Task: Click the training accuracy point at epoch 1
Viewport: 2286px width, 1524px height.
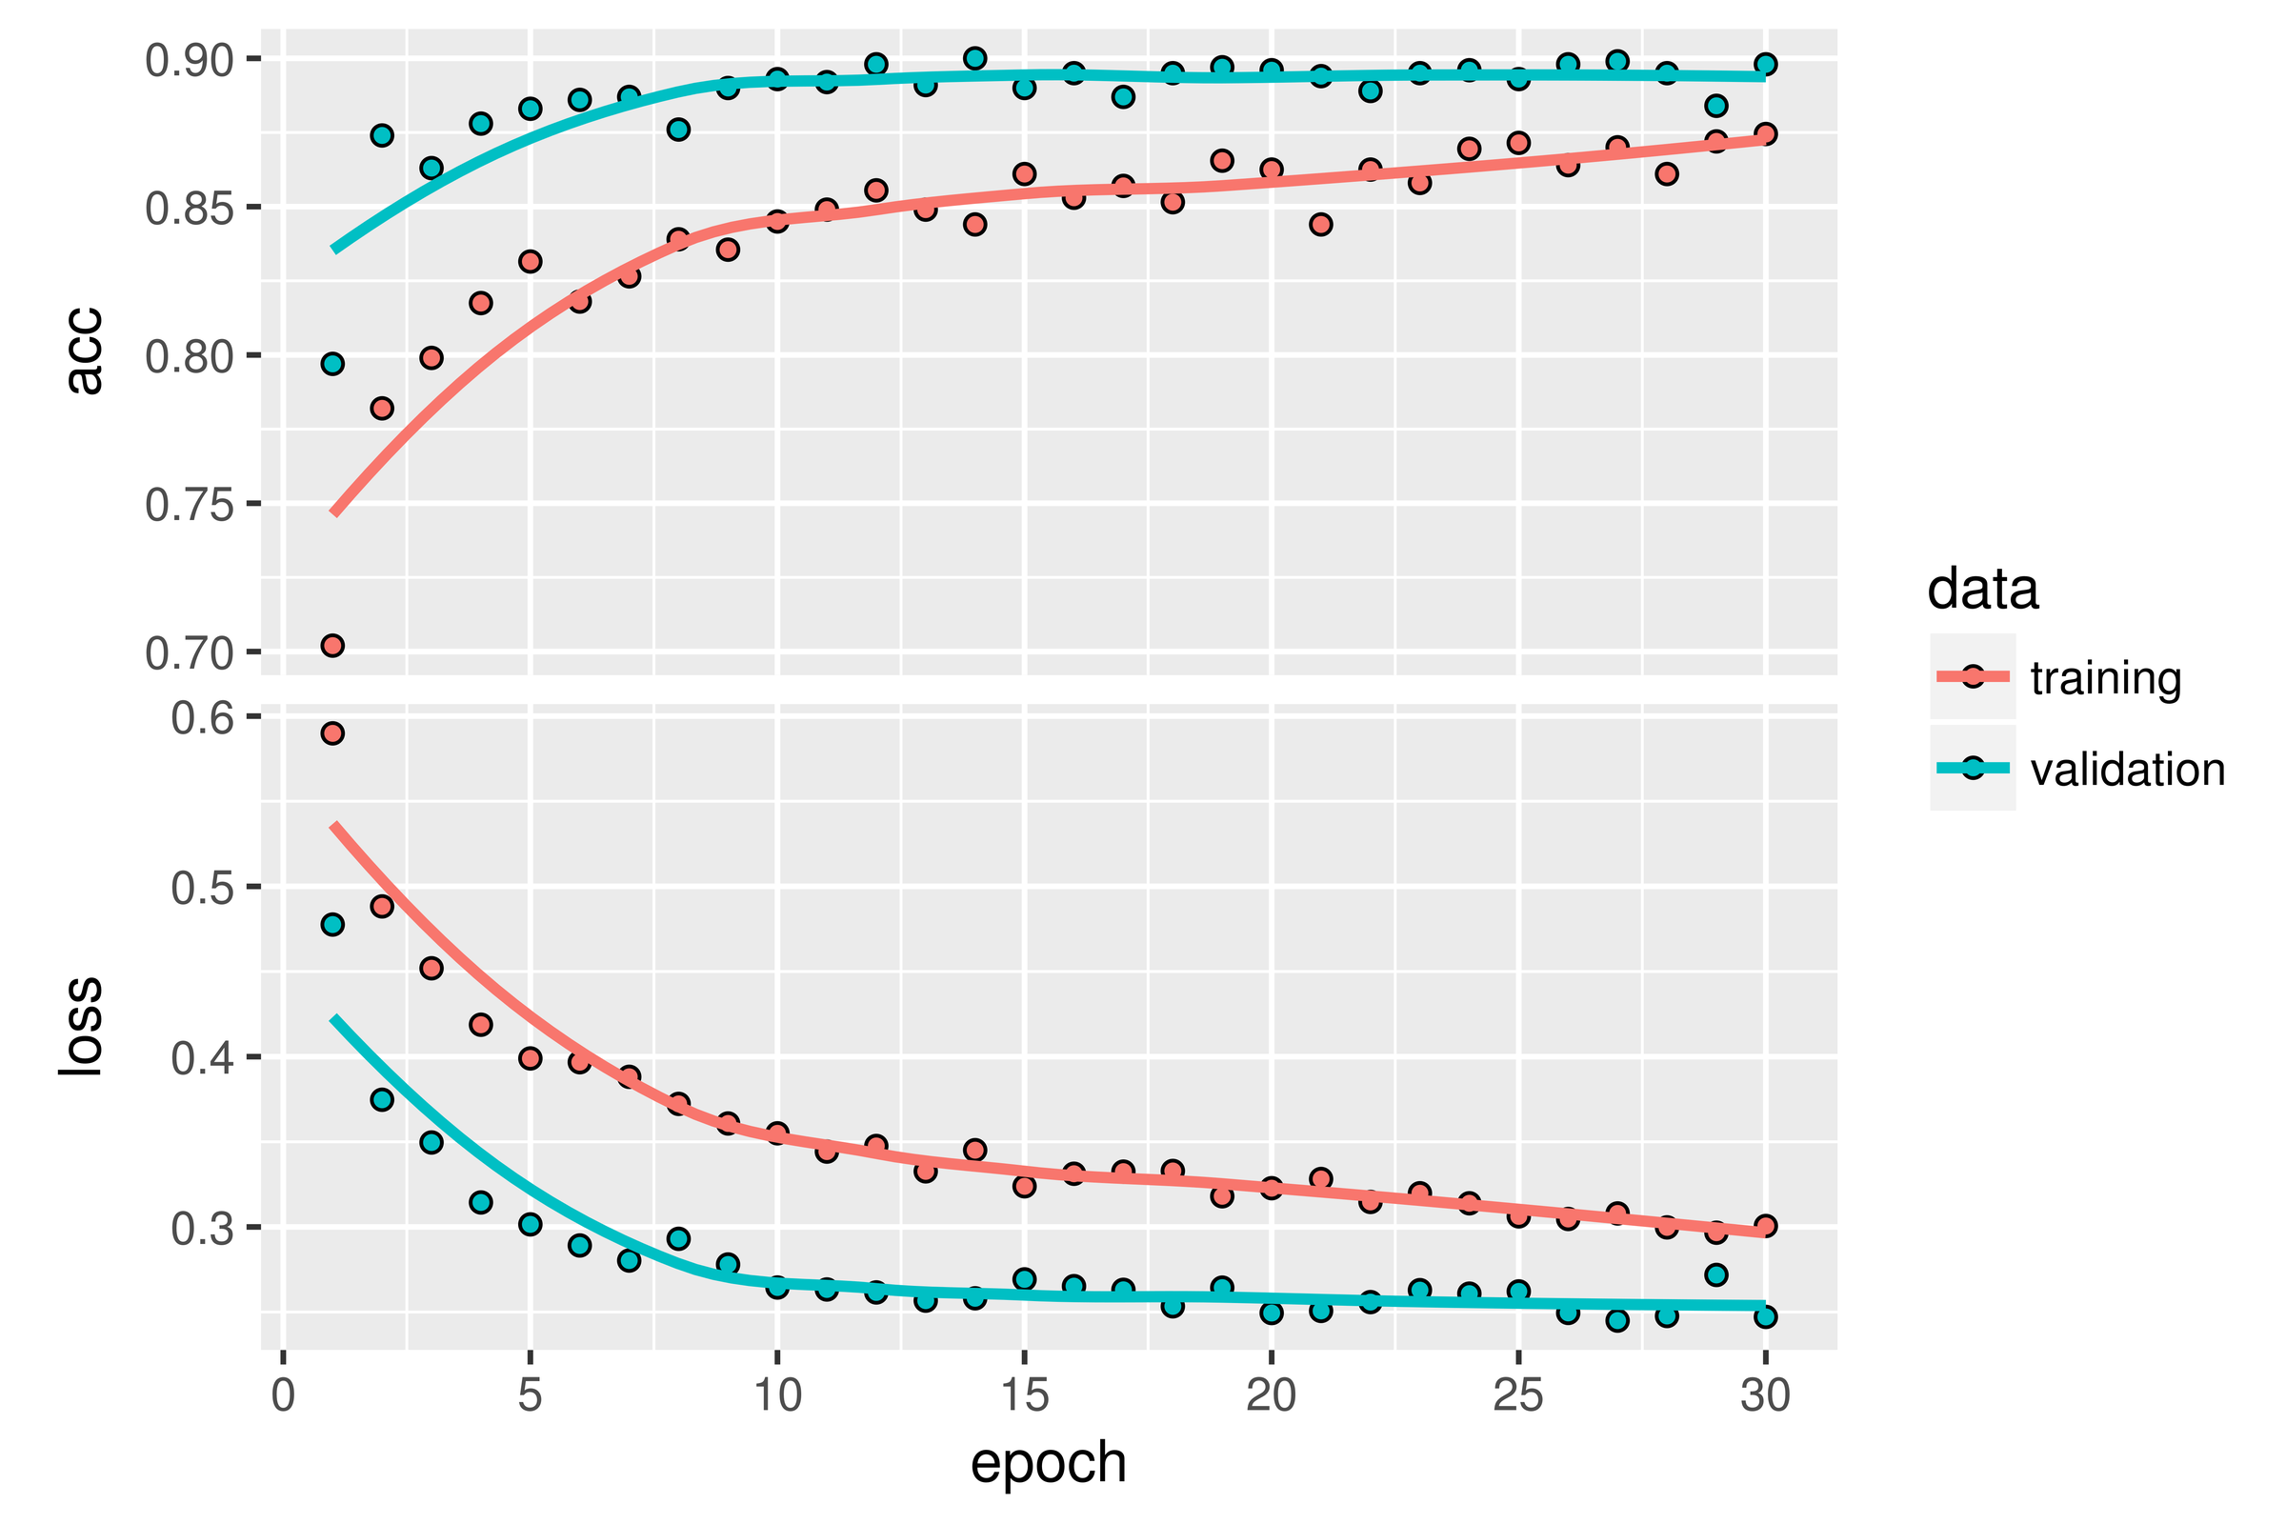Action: click(x=332, y=646)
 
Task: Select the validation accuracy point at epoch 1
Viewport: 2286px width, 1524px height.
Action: click(x=332, y=364)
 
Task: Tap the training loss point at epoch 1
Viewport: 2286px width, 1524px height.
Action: click(x=332, y=732)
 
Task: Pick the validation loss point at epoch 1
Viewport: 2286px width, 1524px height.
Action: click(x=332, y=924)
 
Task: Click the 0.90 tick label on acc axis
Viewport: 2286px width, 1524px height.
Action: click(x=190, y=61)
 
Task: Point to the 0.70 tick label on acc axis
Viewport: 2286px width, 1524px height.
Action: click(x=190, y=653)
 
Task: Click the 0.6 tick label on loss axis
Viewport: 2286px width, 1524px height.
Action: click(x=202, y=718)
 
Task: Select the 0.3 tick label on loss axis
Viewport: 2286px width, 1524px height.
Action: click(x=202, y=1230)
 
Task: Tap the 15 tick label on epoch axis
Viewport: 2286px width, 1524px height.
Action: click(x=1023, y=1396)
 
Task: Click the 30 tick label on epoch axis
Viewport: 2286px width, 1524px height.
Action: click(x=1765, y=1396)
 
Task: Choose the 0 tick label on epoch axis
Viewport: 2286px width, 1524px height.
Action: click(x=283, y=1396)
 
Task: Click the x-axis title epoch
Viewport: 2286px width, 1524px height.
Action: click(x=1048, y=1465)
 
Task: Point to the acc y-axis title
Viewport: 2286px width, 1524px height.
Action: click(x=84, y=350)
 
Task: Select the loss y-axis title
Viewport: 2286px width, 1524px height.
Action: click(x=82, y=1027)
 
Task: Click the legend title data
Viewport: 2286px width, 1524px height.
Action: click(x=1983, y=590)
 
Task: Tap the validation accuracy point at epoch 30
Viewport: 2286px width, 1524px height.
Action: click(x=1766, y=64)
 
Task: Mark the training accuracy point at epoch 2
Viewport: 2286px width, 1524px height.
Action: click(x=382, y=409)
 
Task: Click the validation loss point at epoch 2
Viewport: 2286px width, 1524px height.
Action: click(x=382, y=1099)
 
